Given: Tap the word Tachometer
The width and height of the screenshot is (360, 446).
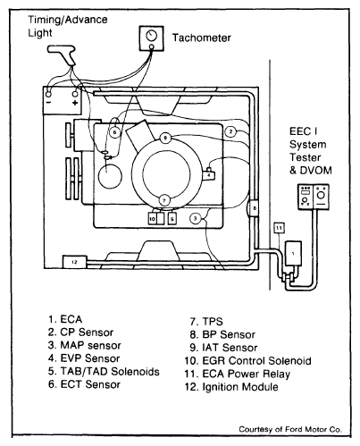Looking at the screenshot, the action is point(202,38).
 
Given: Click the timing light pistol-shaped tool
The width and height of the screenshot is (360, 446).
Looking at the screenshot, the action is point(63,55).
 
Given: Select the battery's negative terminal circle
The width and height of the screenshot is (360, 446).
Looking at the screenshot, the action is point(48,94).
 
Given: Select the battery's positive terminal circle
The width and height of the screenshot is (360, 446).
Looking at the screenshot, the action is point(75,94).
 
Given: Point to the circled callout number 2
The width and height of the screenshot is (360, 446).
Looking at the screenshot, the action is point(230,131).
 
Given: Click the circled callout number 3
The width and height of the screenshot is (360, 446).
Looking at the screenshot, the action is point(195,219).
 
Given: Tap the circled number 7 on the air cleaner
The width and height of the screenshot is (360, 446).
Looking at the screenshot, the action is point(164,199).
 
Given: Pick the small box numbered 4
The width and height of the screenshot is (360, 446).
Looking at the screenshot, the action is point(209,175).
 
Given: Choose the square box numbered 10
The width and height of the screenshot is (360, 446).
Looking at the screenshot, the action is point(152,219).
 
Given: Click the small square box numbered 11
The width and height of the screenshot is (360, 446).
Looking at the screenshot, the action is point(279,228).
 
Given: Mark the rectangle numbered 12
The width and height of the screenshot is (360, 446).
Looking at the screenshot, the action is point(74,262).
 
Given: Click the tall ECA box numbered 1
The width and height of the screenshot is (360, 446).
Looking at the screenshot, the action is point(293,254).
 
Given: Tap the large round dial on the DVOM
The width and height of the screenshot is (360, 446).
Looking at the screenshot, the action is point(321,196).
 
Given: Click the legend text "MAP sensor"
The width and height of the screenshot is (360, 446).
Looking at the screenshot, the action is point(90,345).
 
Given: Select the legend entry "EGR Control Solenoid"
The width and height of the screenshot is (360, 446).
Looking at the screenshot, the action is point(256,361).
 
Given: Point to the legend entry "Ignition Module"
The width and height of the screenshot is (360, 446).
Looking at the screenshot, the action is point(240,387).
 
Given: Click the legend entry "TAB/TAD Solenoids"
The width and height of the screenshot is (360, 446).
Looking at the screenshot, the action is point(110,372).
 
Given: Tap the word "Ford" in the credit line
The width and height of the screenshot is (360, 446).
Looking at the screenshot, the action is point(294,429).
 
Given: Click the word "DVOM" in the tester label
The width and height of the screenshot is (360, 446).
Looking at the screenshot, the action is point(316,171).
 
